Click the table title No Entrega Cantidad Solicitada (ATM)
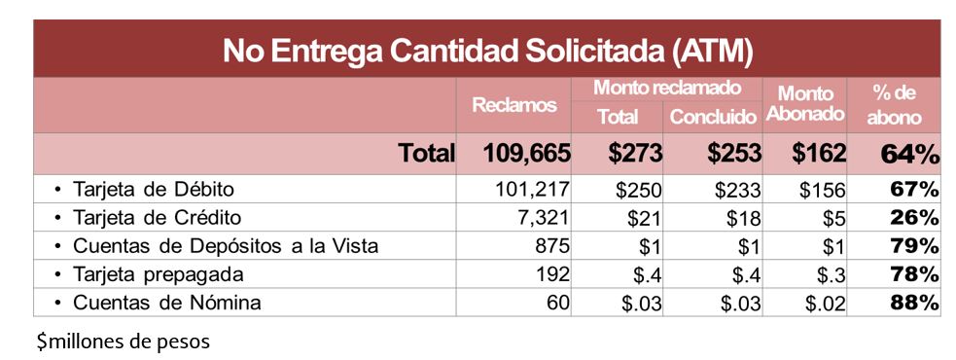coord(487,51)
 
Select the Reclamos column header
coord(513,105)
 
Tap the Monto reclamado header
coord(667,88)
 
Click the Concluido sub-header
coord(713,118)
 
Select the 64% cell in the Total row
coord(908,153)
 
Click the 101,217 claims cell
coord(531,189)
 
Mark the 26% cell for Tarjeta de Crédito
coord(914,217)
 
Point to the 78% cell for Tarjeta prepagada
coord(914,274)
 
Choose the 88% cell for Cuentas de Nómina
coord(914,303)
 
